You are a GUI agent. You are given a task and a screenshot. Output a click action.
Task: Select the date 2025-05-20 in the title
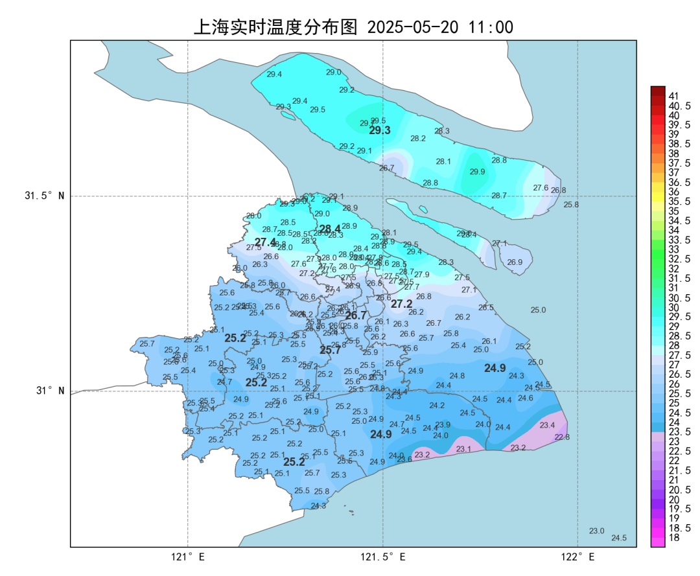tap(413, 27)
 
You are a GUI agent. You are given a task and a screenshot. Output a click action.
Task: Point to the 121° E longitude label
tap(188, 557)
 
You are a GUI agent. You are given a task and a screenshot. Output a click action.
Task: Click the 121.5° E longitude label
tap(383, 557)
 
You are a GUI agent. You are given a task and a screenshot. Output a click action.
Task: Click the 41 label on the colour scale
tap(674, 96)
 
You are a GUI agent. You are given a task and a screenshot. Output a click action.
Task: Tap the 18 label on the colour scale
tap(674, 537)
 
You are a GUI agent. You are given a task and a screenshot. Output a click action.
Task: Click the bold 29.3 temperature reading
tap(380, 130)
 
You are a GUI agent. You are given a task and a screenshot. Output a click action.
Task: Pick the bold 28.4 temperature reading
tap(330, 229)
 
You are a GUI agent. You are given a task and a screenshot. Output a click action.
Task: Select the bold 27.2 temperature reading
tap(401, 303)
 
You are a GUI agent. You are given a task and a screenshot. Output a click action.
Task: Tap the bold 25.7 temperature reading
tap(330, 350)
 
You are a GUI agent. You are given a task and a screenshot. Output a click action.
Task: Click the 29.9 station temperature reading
tap(477, 172)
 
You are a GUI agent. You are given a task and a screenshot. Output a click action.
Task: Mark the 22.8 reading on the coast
tap(562, 437)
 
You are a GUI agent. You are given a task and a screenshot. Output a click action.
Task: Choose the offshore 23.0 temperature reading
tap(596, 531)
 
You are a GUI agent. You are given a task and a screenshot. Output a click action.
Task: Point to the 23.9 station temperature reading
tap(443, 424)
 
